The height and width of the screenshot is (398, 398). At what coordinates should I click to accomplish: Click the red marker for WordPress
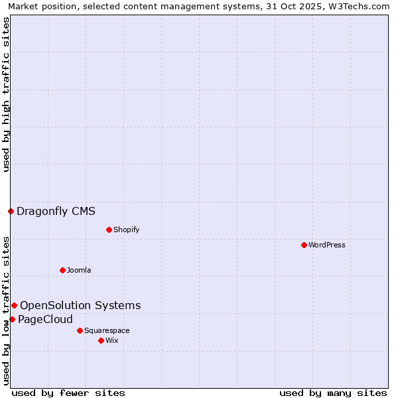[304, 245]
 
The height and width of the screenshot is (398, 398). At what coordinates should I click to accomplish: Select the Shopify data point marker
[109, 230]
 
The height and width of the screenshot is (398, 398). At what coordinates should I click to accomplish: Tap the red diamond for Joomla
[62, 270]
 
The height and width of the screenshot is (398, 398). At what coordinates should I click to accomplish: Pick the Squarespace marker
[80, 330]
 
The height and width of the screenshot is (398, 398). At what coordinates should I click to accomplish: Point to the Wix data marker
[101, 340]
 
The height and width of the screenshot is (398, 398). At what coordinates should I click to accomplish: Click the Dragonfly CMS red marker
[11, 212]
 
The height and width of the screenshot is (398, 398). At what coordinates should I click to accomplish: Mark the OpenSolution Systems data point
[14, 305]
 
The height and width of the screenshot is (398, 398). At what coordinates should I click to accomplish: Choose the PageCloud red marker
[12, 319]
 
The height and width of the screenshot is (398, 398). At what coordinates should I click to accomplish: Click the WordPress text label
[327, 245]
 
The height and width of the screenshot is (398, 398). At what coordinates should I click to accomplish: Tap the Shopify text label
[126, 230]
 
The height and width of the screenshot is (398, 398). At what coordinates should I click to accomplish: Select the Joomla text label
[79, 270]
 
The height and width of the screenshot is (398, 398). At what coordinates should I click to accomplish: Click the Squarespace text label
[107, 330]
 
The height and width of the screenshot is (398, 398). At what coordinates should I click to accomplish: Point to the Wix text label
[112, 340]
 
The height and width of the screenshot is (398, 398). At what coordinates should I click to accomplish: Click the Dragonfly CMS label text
[56, 212]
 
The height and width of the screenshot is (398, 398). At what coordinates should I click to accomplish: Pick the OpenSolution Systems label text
[80, 305]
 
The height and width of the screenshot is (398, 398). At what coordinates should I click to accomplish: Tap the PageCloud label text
[45, 319]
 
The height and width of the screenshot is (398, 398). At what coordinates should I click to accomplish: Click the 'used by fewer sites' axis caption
[68, 393]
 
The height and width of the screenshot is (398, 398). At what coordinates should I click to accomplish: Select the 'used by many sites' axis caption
[333, 393]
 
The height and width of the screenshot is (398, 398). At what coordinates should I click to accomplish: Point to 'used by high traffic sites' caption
[7, 94]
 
